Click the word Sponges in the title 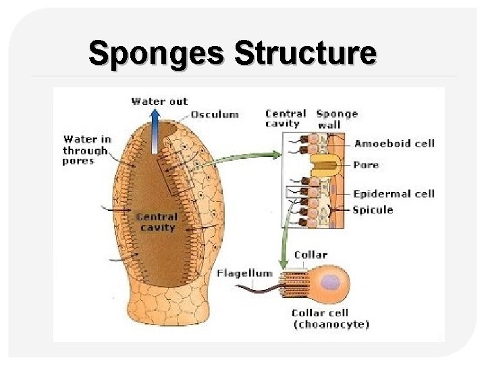pos(157,53)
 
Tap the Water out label pos(159,101)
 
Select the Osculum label pos(215,114)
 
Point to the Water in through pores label pos(86,150)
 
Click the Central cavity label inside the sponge pos(157,222)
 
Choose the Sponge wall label pos(337,119)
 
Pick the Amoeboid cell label pos(394,143)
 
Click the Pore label pos(366,165)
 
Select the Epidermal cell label pos(394,194)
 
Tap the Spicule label pos(373,210)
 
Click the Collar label pos(310,255)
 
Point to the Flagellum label pos(244,274)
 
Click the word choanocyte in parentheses pos(331,325)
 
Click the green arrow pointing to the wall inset pos(250,157)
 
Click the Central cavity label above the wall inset pos(286,119)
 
